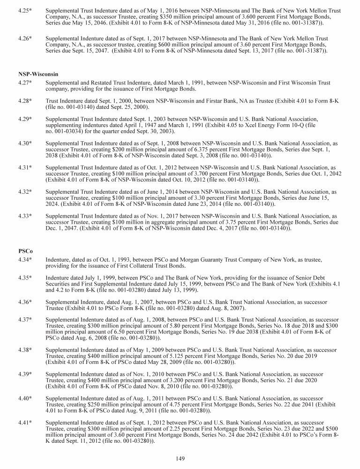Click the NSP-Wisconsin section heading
pos(38,74)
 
